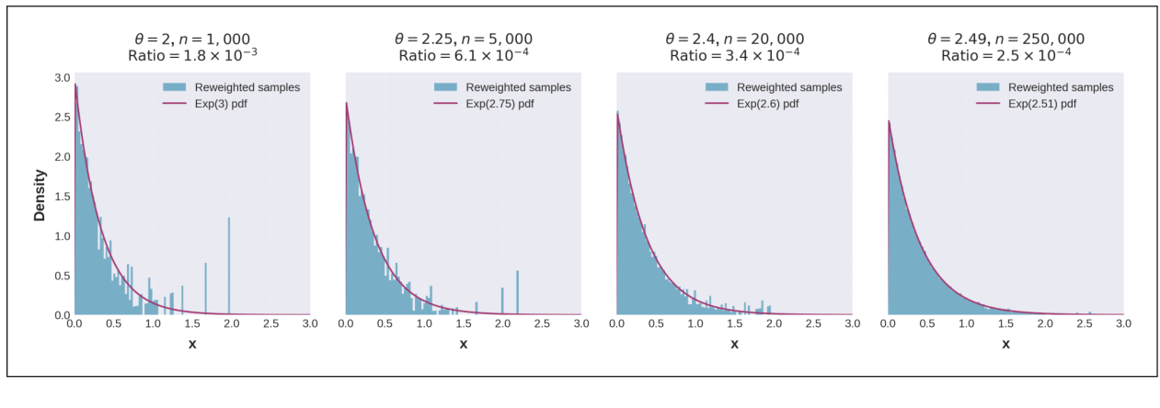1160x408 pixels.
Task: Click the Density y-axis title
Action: tap(40, 195)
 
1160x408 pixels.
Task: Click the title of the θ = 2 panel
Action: tap(192, 39)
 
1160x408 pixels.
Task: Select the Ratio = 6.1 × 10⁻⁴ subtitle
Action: tap(463, 56)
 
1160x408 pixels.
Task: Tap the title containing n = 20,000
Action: tap(734, 39)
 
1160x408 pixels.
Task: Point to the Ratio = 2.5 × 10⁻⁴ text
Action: tap(1005, 56)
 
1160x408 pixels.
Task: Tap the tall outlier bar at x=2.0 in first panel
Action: tap(229, 266)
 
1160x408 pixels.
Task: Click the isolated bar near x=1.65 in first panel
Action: tap(205, 289)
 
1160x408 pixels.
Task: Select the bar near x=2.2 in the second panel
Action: tap(518, 293)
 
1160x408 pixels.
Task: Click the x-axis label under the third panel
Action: tap(734, 345)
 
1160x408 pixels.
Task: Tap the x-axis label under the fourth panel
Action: tap(1005, 345)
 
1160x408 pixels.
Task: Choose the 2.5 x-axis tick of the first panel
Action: tap(270, 325)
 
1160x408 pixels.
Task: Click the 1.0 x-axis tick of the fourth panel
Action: tap(967, 325)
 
